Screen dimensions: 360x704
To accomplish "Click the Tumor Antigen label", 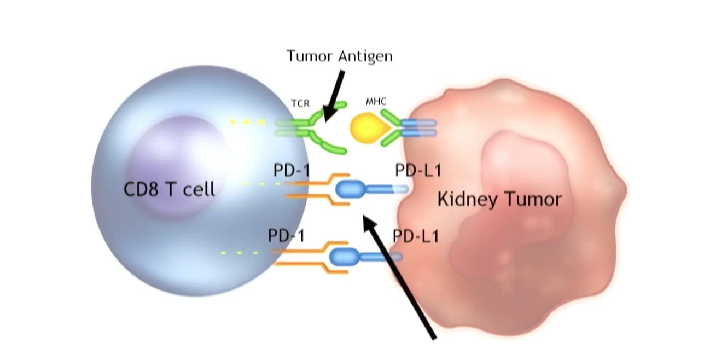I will click(x=340, y=56).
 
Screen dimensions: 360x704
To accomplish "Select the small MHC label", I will click(x=376, y=102).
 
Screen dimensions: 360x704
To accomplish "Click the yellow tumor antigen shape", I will click(x=368, y=128).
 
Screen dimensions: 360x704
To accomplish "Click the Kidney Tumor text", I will click(x=499, y=199).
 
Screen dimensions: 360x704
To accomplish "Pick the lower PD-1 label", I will click(x=286, y=236).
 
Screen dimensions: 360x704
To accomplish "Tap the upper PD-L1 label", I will click(x=417, y=171).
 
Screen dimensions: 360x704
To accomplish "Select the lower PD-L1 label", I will click(x=416, y=236).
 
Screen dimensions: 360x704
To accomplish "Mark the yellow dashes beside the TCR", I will click(x=247, y=121).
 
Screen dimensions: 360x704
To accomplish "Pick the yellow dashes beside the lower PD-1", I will click(x=239, y=253).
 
